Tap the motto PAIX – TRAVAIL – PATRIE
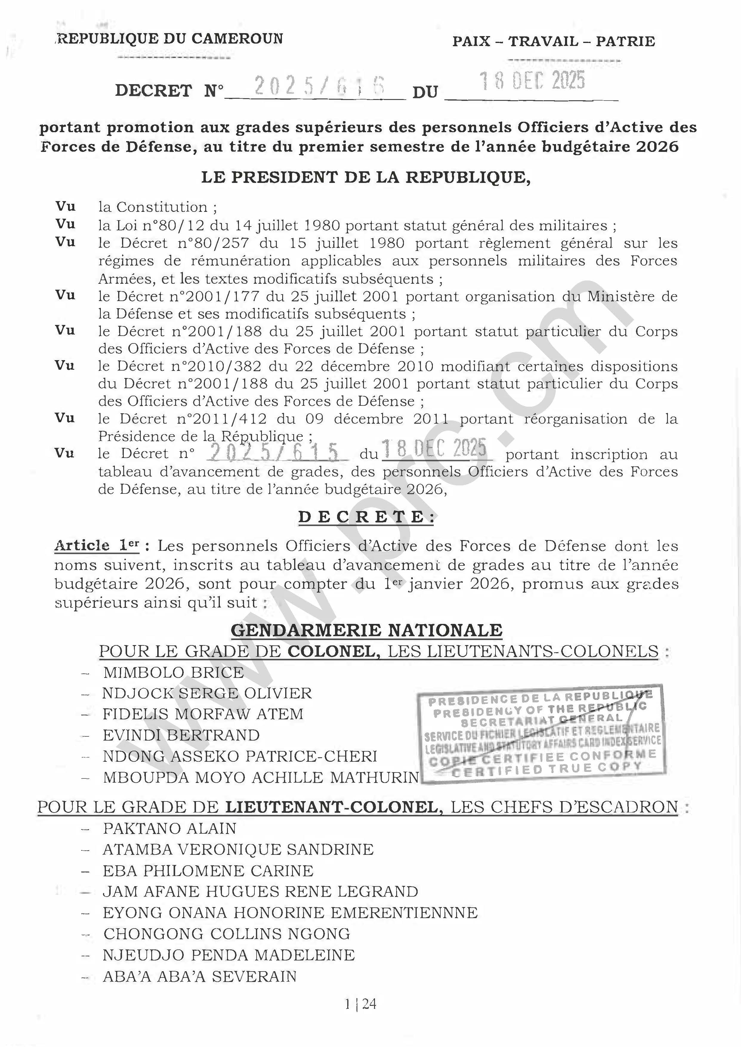553,41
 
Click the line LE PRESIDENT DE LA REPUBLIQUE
366,178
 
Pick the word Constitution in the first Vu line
162,207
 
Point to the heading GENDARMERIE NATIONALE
366,630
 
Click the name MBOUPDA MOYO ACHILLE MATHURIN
260,777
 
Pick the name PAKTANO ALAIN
170,828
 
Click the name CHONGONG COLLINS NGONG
226,934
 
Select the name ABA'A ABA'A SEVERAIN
200,976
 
